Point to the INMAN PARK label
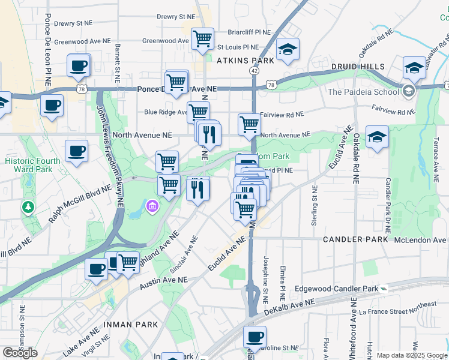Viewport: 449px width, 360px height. (131, 325)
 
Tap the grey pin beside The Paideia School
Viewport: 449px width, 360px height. (409, 92)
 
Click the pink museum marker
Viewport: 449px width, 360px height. (152, 207)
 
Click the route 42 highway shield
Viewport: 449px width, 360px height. (255, 71)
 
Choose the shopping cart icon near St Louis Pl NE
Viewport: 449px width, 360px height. (203, 40)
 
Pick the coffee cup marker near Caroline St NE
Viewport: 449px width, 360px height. (255, 337)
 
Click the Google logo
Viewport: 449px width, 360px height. (20, 353)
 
